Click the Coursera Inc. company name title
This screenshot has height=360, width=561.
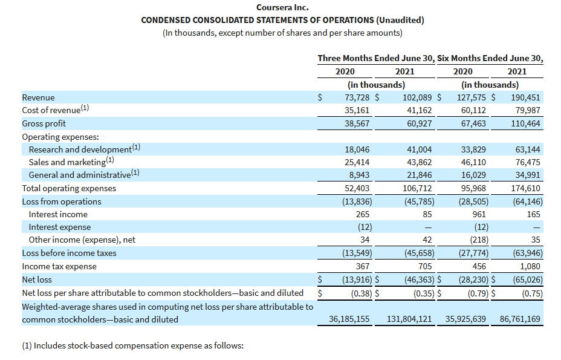282,7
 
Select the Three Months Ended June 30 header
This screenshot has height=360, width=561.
375,59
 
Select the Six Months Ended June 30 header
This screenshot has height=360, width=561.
490,59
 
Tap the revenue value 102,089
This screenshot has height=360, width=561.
417,97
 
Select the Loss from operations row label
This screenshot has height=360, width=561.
62,201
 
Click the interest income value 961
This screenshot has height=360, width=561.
480,214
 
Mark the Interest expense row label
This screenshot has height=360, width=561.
60,227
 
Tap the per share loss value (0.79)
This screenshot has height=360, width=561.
475,293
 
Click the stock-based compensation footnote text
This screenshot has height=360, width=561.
132,345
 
